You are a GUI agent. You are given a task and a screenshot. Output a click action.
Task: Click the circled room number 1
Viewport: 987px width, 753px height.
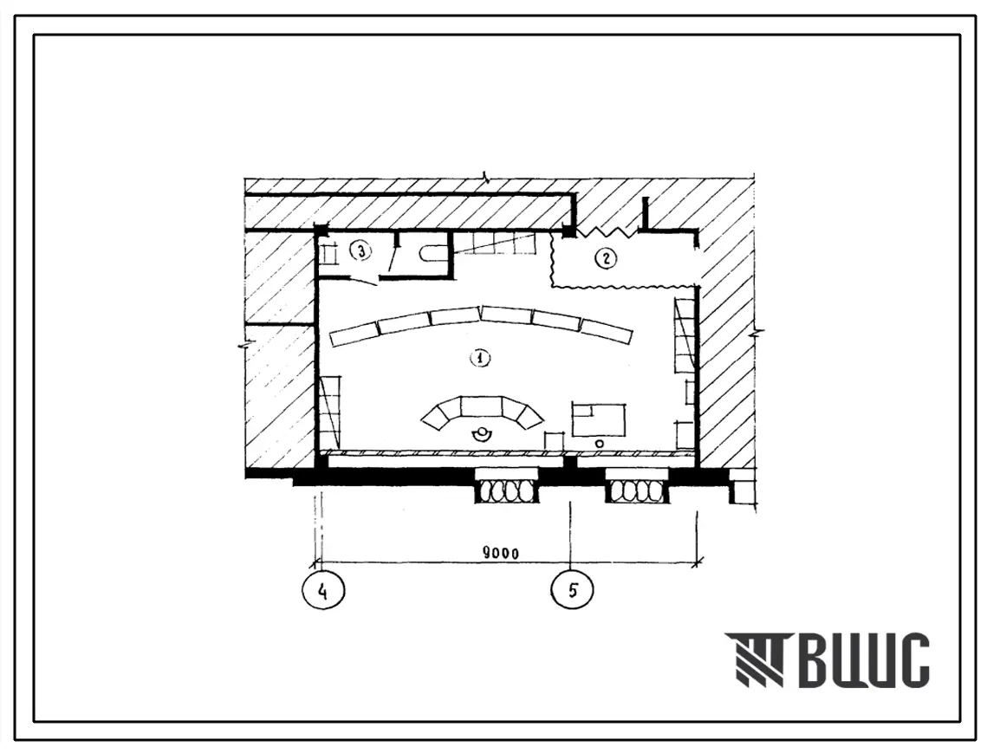pyautogui.click(x=481, y=358)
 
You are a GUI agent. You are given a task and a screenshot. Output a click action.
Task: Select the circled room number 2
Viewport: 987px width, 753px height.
pyautogui.click(x=607, y=257)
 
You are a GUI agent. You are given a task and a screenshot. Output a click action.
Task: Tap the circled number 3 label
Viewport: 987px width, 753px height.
pyautogui.click(x=360, y=252)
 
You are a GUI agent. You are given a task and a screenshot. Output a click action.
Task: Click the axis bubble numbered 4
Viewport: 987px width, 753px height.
pyautogui.click(x=323, y=591)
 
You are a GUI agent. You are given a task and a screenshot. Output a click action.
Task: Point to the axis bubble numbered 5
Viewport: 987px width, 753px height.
pyautogui.click(x=572, y=591)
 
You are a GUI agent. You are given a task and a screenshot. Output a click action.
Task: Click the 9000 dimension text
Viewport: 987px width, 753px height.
pyautogui.click(x=501, y=554)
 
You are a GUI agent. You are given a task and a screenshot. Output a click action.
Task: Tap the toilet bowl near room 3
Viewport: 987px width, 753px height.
pyautogui.click(x=432, y=253)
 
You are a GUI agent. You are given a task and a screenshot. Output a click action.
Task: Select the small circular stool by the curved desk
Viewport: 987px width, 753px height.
pyautogui.click(x=482, y=434)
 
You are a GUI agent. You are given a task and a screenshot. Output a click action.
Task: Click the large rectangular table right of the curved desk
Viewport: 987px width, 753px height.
pyautogui.click(x=600, y=419)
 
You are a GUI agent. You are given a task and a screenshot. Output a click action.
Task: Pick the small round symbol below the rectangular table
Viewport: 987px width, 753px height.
pyautogui.click(x=599, y=444)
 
